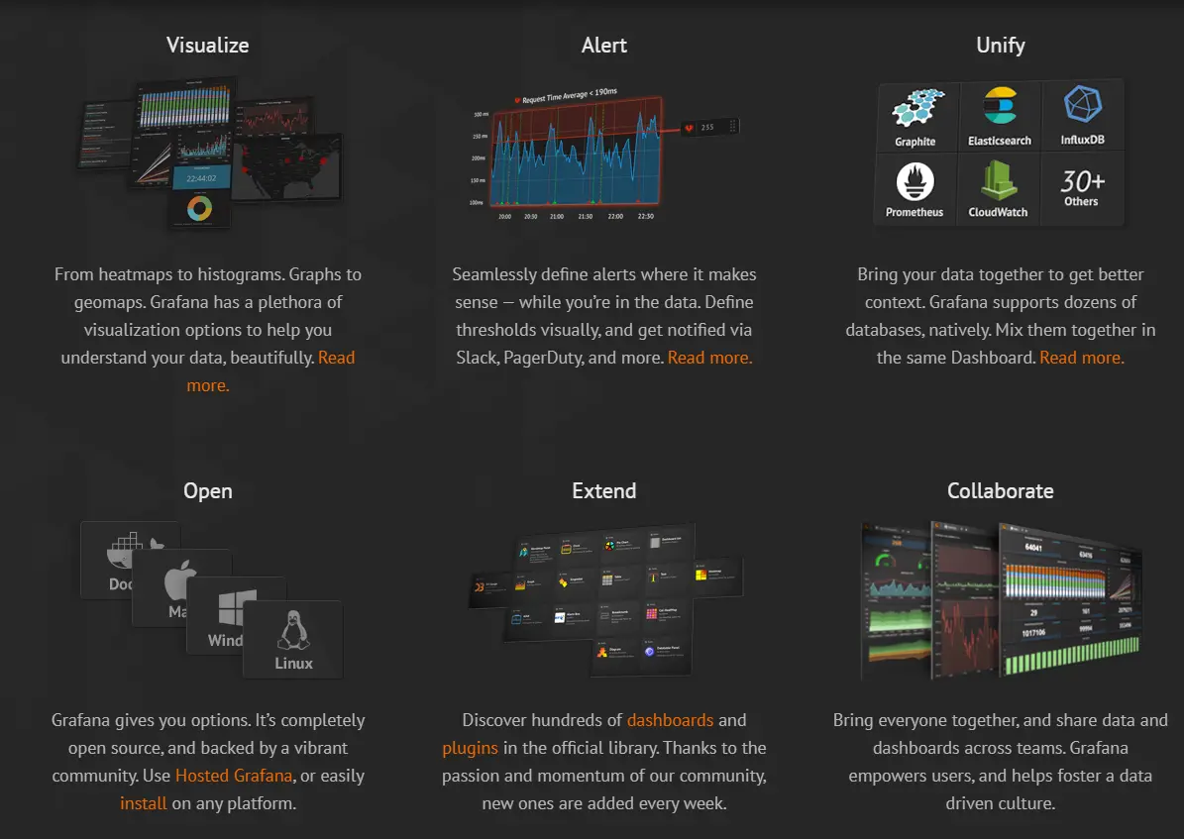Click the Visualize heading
(x=207, y=46)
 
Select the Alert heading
(x=603, y=46)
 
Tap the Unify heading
(x=1000, y=46)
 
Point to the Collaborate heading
(x=1000, y=491)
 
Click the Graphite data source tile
(x=915, y=116)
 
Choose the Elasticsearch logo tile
(x=1000, y=116)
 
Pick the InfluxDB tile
(x=1082, y=116)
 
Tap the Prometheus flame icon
(x=915, y=182)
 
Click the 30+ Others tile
(x=1082, y=187)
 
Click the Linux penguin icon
(x=292, y=630)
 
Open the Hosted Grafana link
(x=234, y=776)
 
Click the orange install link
(x=144, y=803)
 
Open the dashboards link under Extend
(x=670, y=720)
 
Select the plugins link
(x=470, y=748)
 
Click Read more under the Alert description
(x=709, y=358)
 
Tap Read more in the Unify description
(x=1081, y=358)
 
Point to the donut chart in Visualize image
(x=200, y=208)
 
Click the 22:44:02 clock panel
(x=201, y=177)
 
